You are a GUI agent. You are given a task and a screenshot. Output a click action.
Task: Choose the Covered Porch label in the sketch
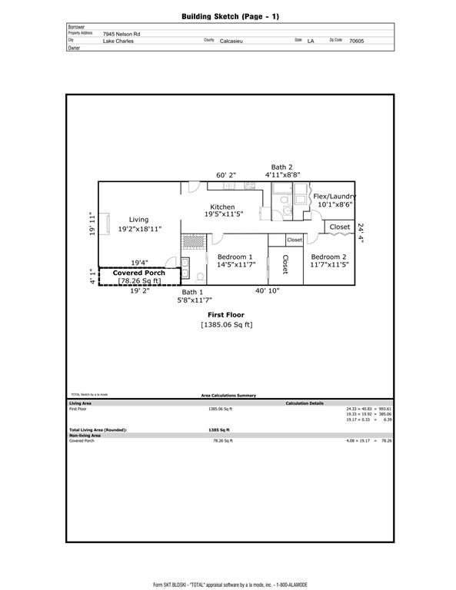click(139, 273)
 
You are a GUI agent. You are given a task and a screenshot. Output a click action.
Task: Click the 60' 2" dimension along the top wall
click(225, 175)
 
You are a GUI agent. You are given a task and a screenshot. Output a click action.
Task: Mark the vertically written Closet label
click(285, 264)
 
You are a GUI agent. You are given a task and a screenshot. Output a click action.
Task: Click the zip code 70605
click(357, 41)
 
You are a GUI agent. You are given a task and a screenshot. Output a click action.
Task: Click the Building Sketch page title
click(228, 15)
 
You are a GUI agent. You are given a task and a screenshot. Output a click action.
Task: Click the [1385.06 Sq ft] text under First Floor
click(227, 325)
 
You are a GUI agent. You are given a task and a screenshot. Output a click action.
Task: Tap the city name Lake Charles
click(118, 41)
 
